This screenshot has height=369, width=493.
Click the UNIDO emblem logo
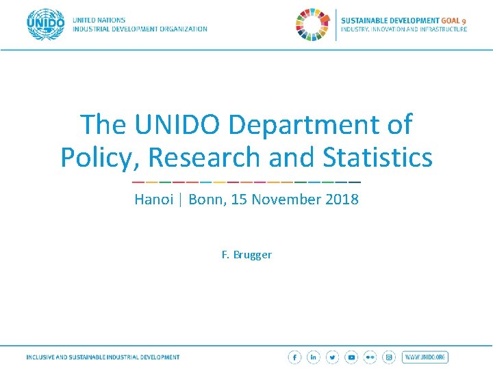[46, 25]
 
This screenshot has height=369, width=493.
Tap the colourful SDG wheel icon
[313, 25]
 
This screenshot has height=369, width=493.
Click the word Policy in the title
[100, 157]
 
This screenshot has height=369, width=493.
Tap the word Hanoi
[153, 200]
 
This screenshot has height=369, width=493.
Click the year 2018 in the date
[342, 200]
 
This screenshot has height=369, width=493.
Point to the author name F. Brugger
[246, 255]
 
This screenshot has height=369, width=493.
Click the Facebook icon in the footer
[294, 357]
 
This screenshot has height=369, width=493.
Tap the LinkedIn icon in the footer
[314, 357]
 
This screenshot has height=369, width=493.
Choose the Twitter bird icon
[332, 357]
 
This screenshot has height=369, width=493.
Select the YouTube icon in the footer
[351, 357]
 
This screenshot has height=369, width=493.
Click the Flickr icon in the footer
[370, 357]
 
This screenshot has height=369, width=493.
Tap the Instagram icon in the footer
[389, 357]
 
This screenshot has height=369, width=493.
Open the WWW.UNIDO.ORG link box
[425, 357]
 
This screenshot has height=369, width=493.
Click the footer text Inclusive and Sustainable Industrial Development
[103, 357]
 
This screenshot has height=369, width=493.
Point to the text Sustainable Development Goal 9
[404, 20]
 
